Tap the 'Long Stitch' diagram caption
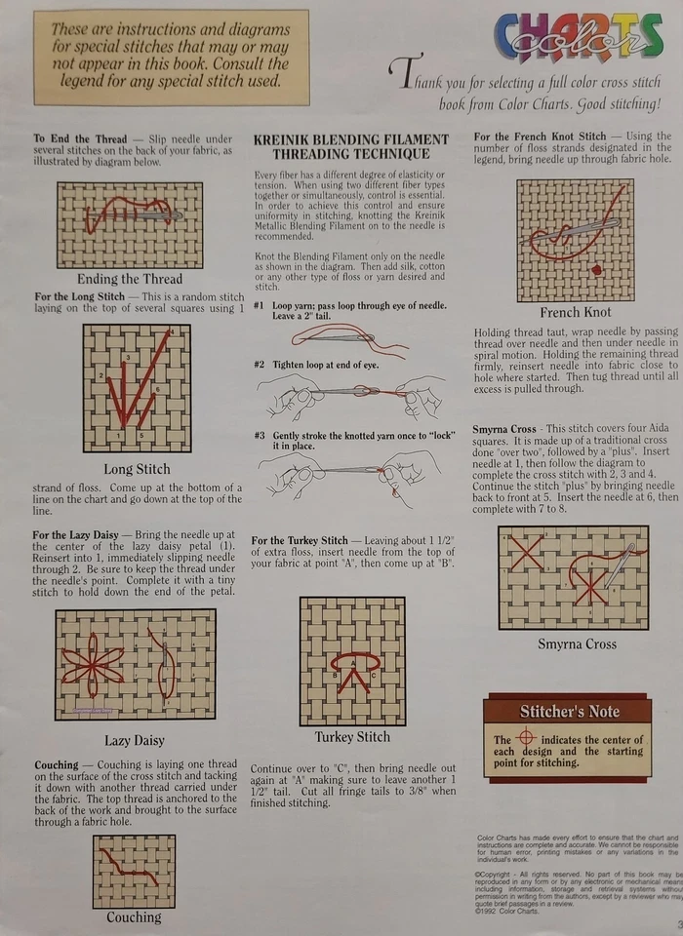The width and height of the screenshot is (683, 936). point(136,469)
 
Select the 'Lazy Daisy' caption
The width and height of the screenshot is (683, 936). point(135,740)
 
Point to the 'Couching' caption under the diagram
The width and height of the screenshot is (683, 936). point(134,917)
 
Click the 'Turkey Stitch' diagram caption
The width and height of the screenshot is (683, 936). point(352,736)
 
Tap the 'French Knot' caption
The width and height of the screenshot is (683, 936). point(576,313)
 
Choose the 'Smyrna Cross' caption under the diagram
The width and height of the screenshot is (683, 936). point(577,644)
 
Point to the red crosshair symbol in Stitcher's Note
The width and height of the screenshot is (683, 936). point(527,738)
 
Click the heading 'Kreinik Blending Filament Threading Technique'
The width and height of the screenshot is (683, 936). point(350,146)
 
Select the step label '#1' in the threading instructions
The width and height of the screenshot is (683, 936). point(259,305)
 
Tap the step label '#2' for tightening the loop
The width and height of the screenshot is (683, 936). point(259,364)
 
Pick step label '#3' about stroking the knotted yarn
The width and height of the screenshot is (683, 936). point(259,435)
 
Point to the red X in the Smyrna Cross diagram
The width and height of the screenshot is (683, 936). point(527,557)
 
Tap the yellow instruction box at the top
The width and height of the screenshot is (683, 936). point(171,57)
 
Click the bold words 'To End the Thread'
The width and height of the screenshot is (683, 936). point(79,139)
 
